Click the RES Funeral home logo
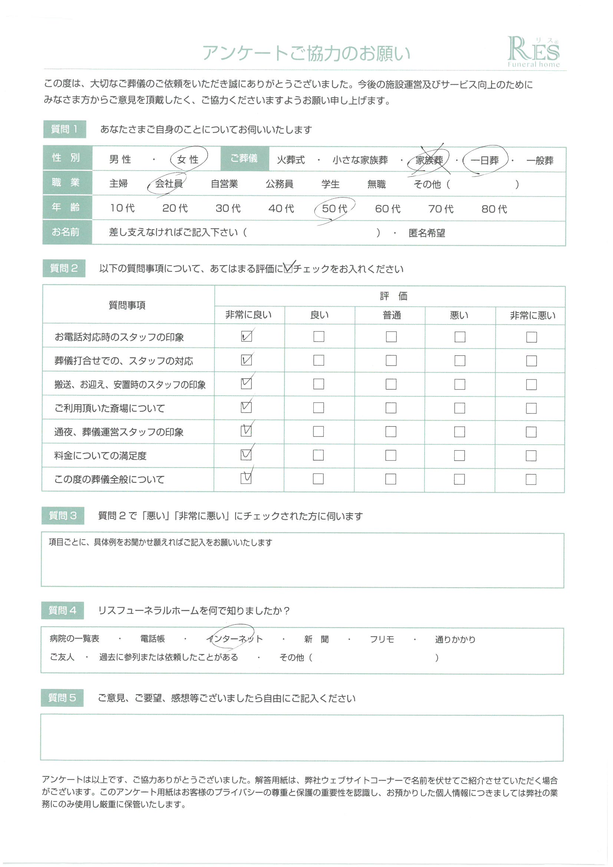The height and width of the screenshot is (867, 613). point(533,52)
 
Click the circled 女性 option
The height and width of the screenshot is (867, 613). point(188,159)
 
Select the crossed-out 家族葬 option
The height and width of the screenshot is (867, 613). point(429,160)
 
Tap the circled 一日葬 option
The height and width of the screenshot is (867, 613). point(485,161)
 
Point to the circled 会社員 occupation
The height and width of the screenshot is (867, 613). point(168,184)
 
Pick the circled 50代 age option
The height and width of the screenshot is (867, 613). point(334,208)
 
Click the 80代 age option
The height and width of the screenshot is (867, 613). point(494,209)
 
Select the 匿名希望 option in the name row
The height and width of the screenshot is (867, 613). point(426,233)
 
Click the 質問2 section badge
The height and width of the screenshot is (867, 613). point(64,268)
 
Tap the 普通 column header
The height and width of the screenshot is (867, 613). point(391,315)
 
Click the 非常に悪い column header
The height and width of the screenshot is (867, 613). point(532,315)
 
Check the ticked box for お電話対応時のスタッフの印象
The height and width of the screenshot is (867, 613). point(246,336)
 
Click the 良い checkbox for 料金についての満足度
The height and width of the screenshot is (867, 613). point(319,455)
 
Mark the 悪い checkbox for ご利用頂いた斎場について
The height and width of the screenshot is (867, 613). point(459,408)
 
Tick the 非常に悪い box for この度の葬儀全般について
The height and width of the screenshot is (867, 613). point(531,479)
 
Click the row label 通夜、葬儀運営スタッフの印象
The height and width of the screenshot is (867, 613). point(119,432)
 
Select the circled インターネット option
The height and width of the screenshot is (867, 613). point(234,639)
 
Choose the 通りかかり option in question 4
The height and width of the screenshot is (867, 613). point(455,639)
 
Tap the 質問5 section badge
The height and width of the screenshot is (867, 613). point(62,698)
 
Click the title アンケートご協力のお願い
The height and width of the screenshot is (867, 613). point(306,53)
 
